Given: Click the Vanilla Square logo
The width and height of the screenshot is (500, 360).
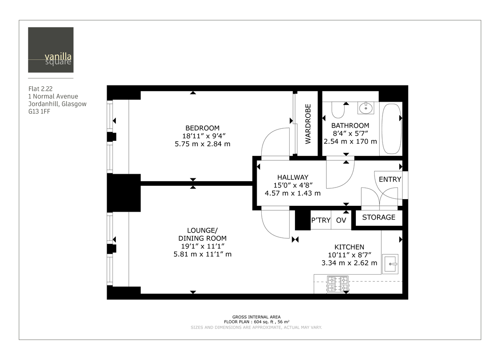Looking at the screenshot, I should point(51,50).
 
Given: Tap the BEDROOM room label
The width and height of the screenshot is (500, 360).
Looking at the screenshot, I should point(202,128).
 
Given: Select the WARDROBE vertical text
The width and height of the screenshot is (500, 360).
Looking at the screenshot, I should point(308,124).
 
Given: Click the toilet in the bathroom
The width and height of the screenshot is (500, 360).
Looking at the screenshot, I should point(337,110).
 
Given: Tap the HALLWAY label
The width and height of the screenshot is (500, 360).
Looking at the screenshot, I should point(292,177).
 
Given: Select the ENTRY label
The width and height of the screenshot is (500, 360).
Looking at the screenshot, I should point(390,180).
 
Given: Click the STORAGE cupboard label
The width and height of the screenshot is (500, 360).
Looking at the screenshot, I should point(378,217).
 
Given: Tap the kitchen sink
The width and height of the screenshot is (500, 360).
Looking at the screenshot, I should point(390,263).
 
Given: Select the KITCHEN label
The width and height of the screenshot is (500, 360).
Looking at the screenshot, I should point(349,247).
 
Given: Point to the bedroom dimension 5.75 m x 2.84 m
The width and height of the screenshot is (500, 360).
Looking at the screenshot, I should point(202,144).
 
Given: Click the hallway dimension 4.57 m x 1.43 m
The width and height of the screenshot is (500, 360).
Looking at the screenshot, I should point(292,193).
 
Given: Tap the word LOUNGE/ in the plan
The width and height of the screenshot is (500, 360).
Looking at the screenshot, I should point(203,230).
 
